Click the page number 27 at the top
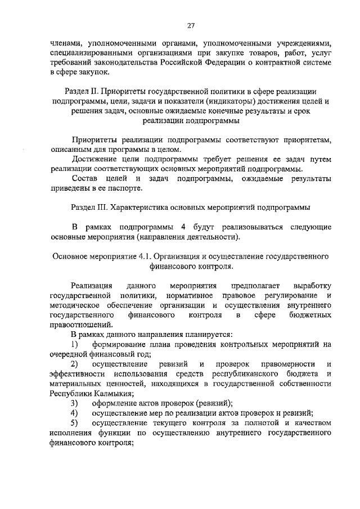191,25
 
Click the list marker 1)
74,344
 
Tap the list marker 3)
74,403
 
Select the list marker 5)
74,423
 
